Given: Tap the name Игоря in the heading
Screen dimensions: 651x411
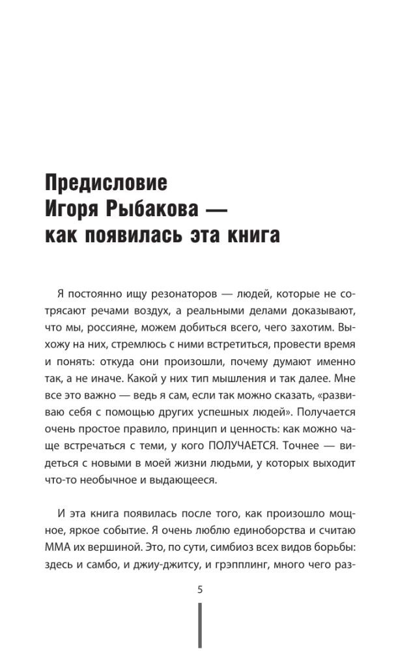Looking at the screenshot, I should pyautogui.click(x=73, y=208).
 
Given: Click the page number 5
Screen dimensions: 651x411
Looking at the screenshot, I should pyautogui.click(x=201, y=590).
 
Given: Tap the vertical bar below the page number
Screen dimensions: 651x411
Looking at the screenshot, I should pyautogui.click(x=200, y=626).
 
